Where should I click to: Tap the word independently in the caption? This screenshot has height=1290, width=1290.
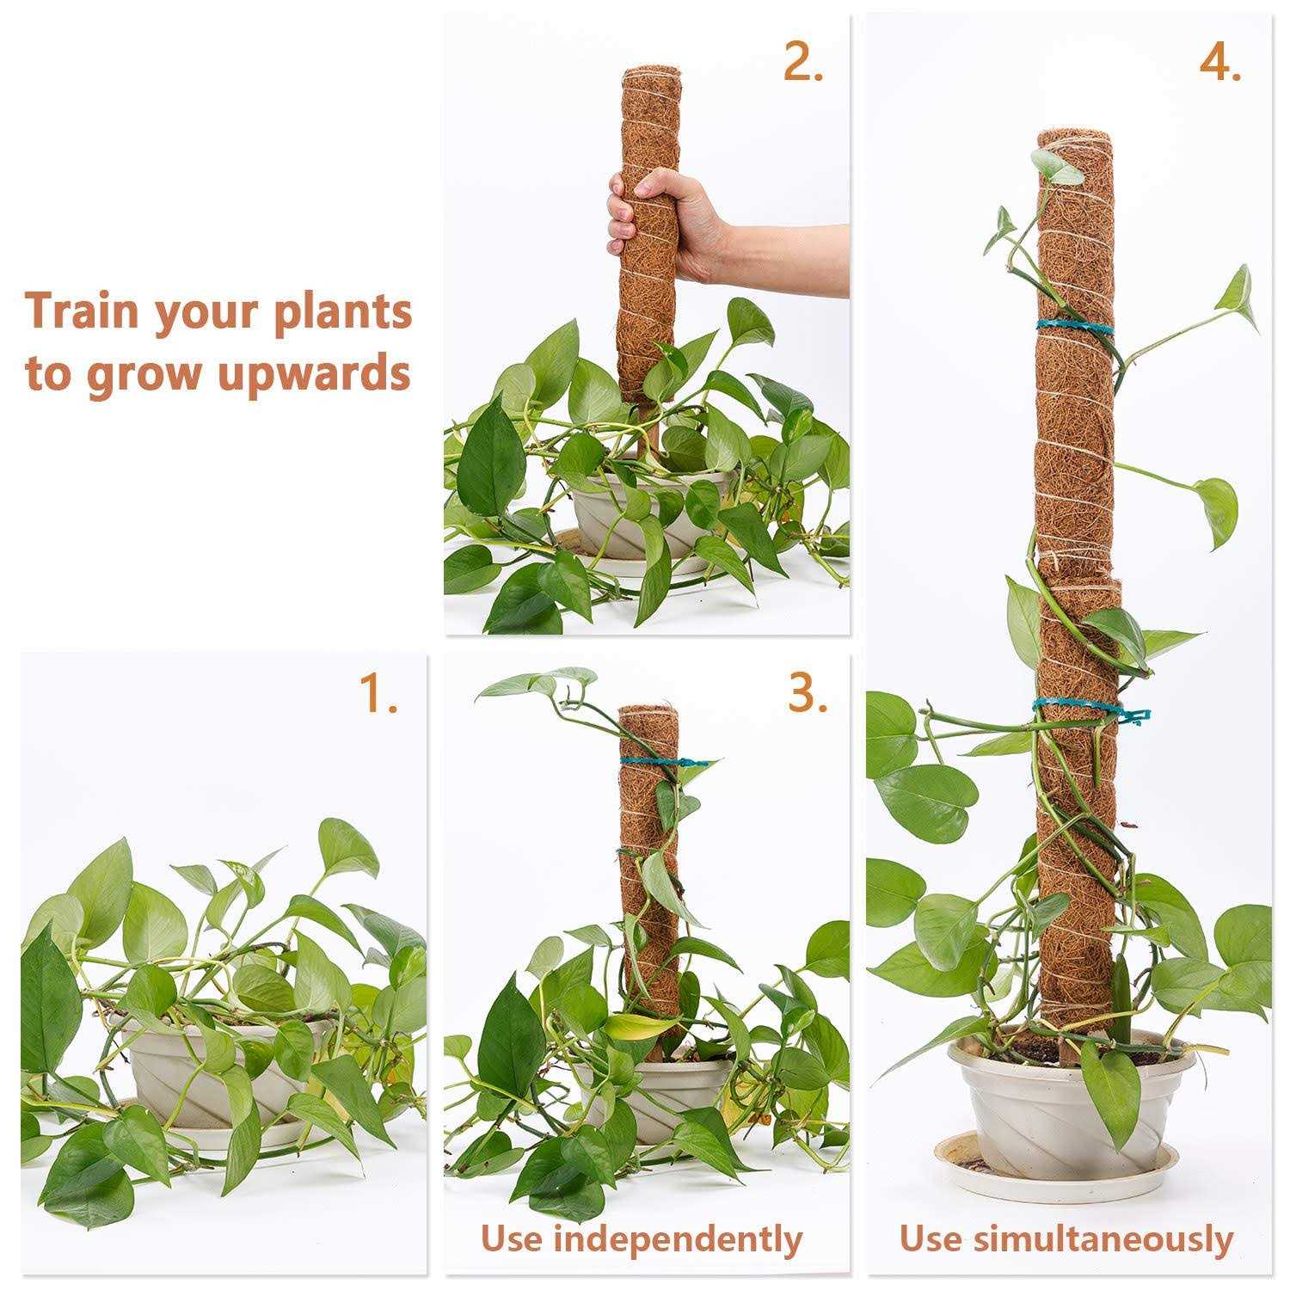pos(678,1239)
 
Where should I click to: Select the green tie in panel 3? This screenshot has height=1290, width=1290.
pos(658,762)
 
